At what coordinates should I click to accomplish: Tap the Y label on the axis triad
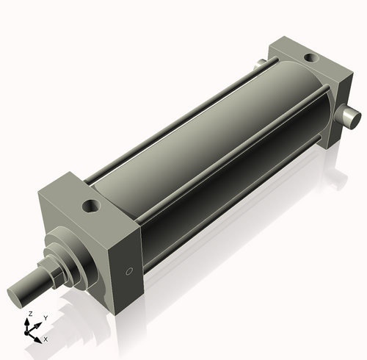[45, 318]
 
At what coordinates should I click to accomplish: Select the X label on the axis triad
[46, 339]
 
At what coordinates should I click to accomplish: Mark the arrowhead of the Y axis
[39, 324]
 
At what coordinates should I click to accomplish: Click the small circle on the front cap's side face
[130, 272]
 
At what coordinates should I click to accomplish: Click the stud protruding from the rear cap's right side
[351, 115]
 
